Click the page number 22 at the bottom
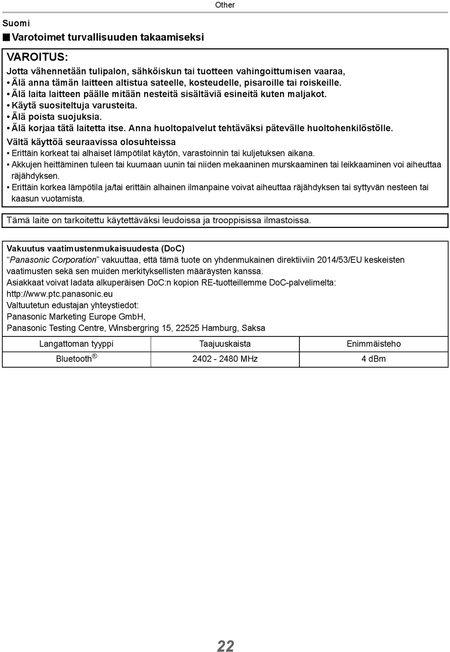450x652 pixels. point(225,645)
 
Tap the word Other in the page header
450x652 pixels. point(225,5)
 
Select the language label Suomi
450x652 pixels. point(16,23)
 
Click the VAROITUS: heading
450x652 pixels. point(37,57)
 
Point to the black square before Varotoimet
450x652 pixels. point(6,37)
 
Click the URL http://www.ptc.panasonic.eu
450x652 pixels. point(60,294)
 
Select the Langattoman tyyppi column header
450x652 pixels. point(76,344)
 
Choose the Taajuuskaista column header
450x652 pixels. point(225,344)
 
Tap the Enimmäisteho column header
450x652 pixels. point(374,344)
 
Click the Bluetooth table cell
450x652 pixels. point(76,358)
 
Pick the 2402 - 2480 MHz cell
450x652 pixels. point(225,359)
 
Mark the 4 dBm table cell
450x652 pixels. point(374,359)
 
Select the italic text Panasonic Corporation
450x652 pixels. point(53,260)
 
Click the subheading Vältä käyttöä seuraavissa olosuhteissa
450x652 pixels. point(91,142)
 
